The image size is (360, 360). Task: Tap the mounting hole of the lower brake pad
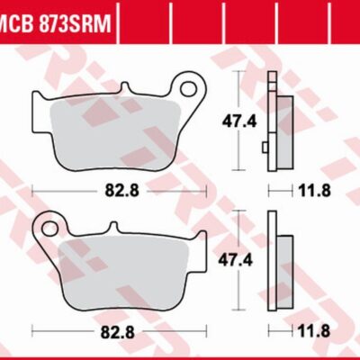pyautogui.click(x=51, y=222)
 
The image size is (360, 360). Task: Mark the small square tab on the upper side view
pyautogui.click(x=265, y=147)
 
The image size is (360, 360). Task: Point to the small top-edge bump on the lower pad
pyautogui.click(x=113, y=227)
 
